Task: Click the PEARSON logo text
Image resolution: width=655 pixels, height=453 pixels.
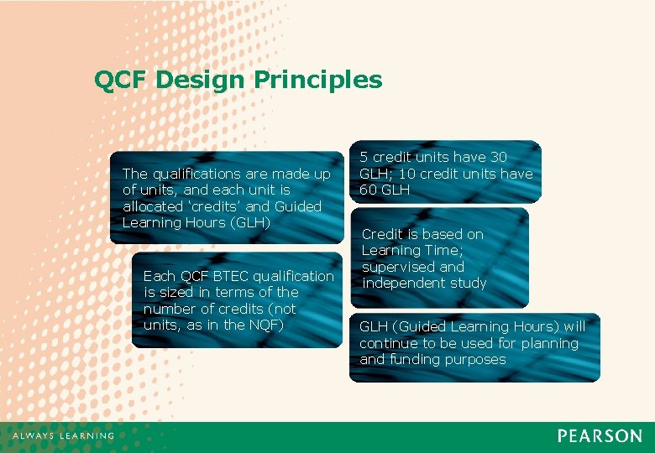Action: click(x=600, y=436)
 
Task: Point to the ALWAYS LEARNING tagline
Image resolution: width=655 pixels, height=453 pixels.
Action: click(x=63, y=436)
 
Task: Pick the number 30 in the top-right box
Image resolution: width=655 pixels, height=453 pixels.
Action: click(x=499, y=157)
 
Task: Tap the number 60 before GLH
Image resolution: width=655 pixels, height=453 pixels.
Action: click(x=369, y=190)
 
